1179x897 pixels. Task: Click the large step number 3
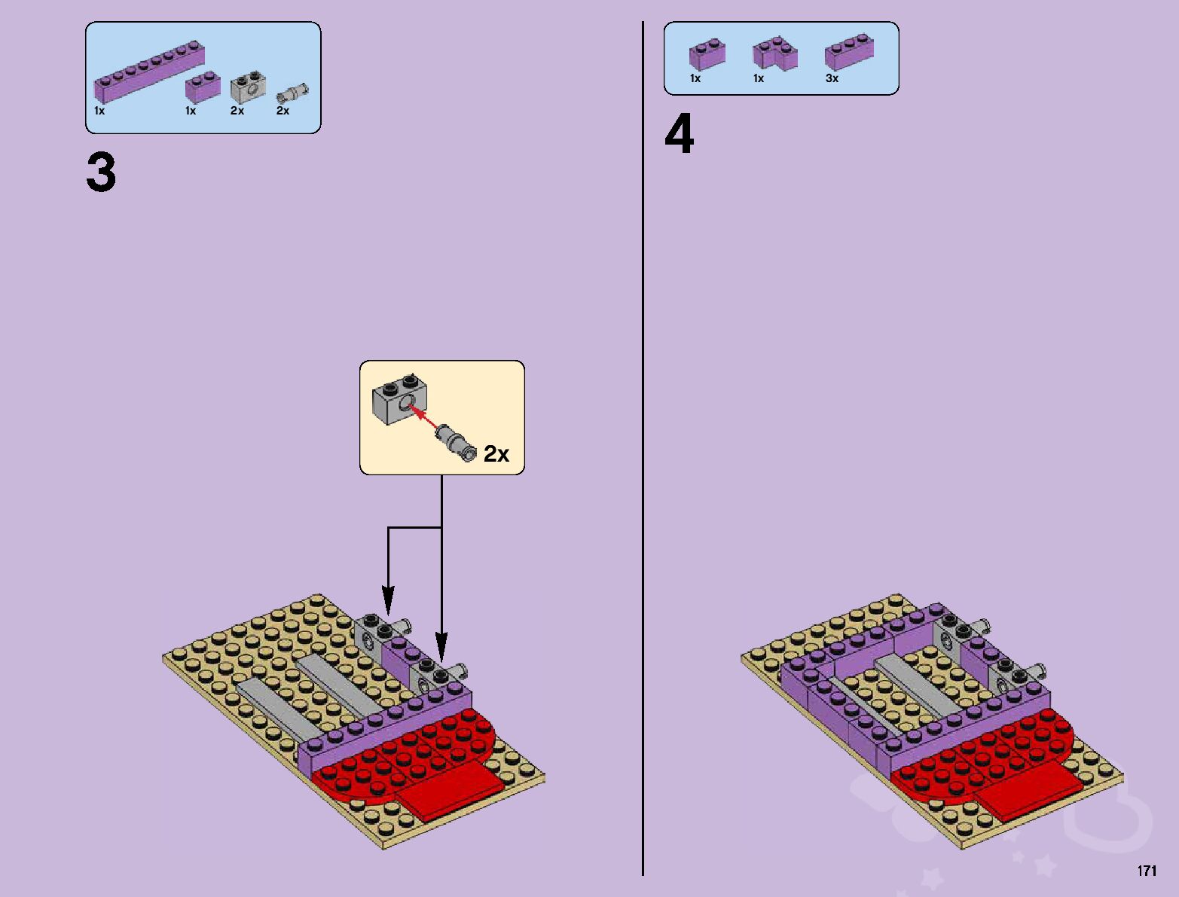coord(101,173)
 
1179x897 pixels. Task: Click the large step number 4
coord(679,136)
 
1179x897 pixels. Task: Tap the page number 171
coord(1147,871)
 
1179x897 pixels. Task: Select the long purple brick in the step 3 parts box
coord(148,72)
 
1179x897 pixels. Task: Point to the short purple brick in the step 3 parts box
coord(203,87)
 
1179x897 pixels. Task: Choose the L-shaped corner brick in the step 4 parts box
coord(774,55)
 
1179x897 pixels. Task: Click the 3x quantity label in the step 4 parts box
coord(832,78)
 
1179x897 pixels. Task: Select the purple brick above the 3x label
coord(849,53)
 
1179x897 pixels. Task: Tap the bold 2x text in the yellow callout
coord(496,454)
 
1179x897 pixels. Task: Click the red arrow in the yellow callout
coord(424,417)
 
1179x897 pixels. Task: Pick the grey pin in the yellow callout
coord(457,443)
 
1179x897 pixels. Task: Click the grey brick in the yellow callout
coord(399,400)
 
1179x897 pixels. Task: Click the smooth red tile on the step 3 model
coord(451,790)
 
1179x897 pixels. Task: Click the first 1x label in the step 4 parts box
coord(695,78)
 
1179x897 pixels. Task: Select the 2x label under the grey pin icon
coord(283,111)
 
